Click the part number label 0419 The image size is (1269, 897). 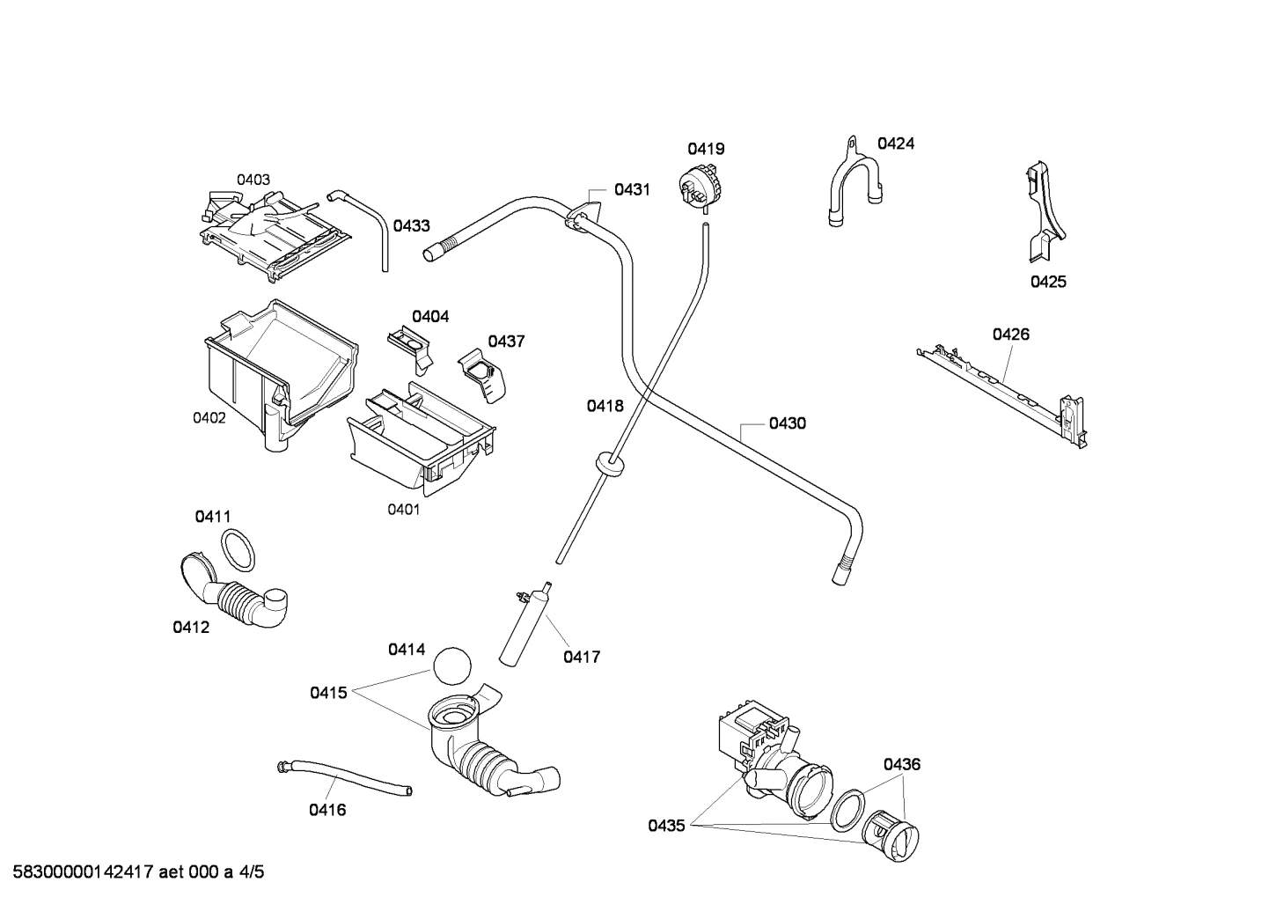[x=706, y=149]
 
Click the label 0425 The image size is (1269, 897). [x=1048, y=282]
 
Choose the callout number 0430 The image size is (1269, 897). [x=787, y=423]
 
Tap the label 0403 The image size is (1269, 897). [x=253, y=180]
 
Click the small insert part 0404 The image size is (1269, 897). [x=412, y=344]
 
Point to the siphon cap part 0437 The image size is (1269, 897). [x=484, y=377]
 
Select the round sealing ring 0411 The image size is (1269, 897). [x=238, y=549]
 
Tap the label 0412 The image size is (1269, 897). [x=191, y=628]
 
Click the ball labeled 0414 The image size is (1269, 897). [x=452, y=665]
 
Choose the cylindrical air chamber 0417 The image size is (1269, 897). [x=525, y=627]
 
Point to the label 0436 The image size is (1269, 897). [x=901, y=764]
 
